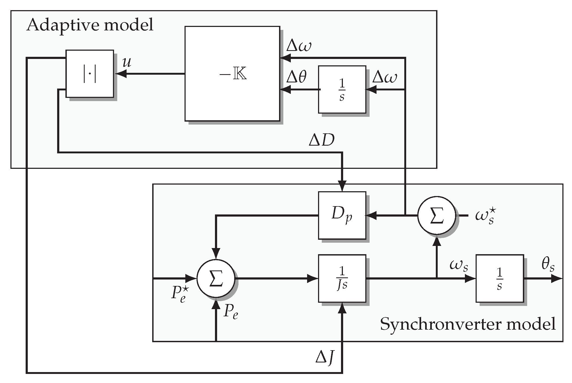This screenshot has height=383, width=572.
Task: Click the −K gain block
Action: [232, 74]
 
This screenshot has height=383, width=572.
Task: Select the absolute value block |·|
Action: [89, 74]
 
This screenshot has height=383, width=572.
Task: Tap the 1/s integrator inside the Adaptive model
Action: [342, 90]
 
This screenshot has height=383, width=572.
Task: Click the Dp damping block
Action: [342, 215]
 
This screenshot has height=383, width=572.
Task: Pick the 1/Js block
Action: [342, 278]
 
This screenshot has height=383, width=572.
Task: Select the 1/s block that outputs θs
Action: [499, 278]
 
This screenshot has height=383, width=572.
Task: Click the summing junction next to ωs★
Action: [436, 216]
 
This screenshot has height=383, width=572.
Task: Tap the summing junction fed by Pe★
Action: [216, 278]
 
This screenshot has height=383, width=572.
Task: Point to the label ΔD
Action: [322, 140]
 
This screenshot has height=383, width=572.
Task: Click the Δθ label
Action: [296, 78]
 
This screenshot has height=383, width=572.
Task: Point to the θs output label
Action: [548, 265]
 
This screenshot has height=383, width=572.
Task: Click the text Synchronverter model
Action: [468, 324]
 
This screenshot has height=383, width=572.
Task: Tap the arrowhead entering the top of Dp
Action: [342, 186]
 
